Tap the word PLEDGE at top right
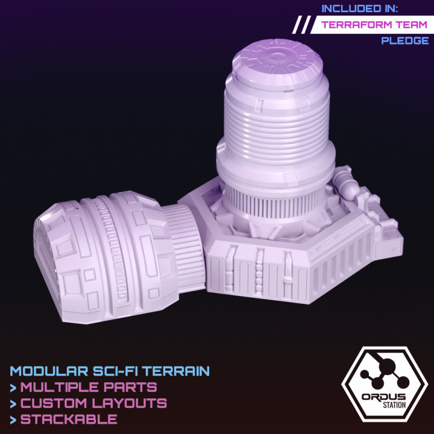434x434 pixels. pos(404,41)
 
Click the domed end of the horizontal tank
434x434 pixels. pos(57,253)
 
